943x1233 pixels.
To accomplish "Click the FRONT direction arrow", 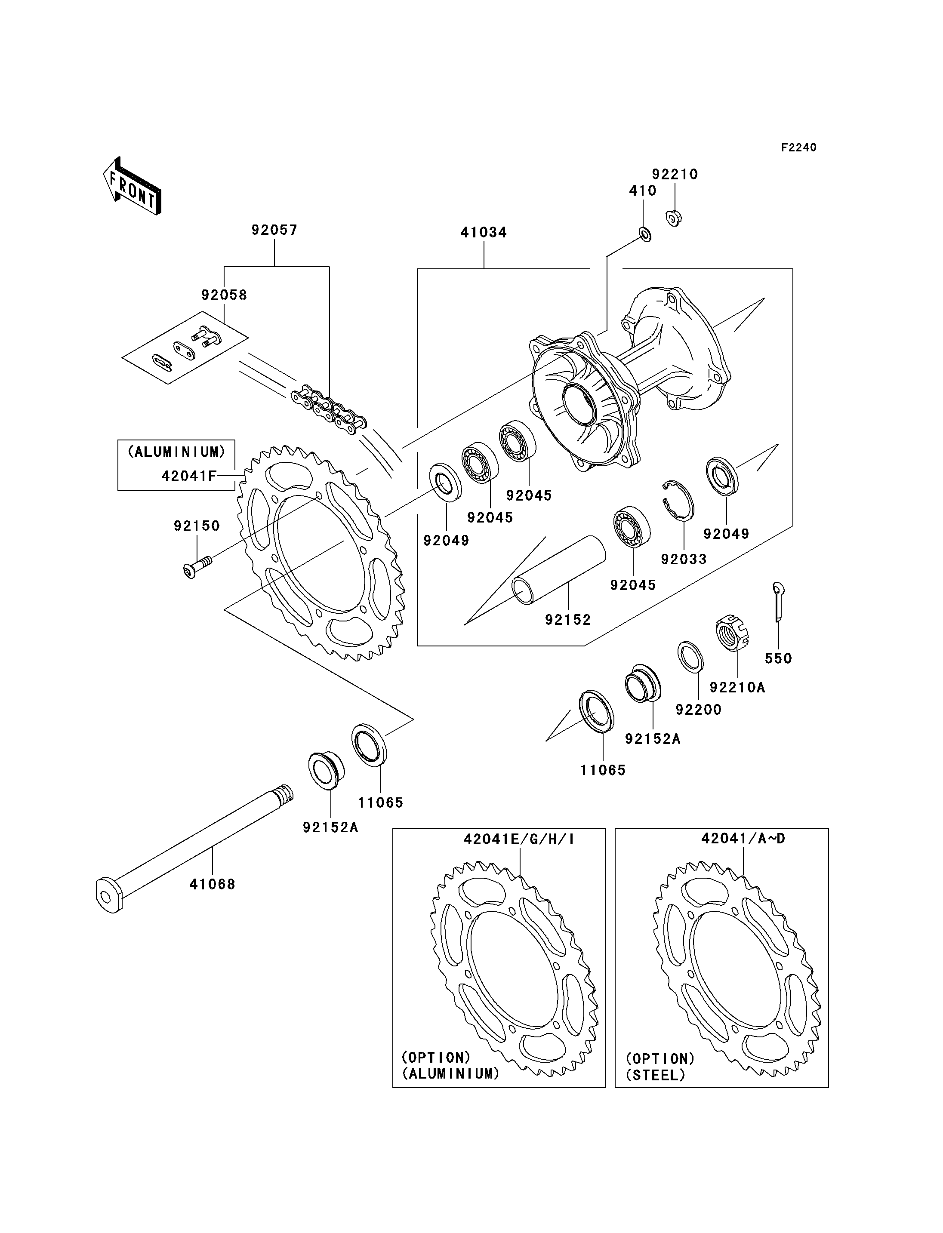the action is pyautogui.click(x=133, y=185).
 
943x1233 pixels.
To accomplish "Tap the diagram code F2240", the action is pyautogui.click(x=799, y=148).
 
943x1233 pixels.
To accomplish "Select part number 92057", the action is pyautogui.click(x=274, y=230).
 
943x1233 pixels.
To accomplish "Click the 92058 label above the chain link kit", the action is pyautogui.click(x=224, y=295).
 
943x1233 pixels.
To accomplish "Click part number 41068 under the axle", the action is pyautogui.click(x=212, y=885).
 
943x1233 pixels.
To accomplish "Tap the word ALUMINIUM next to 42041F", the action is pyautogui.click(x=177, y=452).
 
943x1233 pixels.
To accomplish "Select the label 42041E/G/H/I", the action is pyautogui.click(x=519, y=839).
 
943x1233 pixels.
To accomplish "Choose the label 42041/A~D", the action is pyautogui.click(x=743, y=839).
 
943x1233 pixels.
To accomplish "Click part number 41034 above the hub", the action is pyautogui.click(x=484, y=232).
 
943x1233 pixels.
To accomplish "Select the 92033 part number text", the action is pyautogui.click(x=684, y=560).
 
